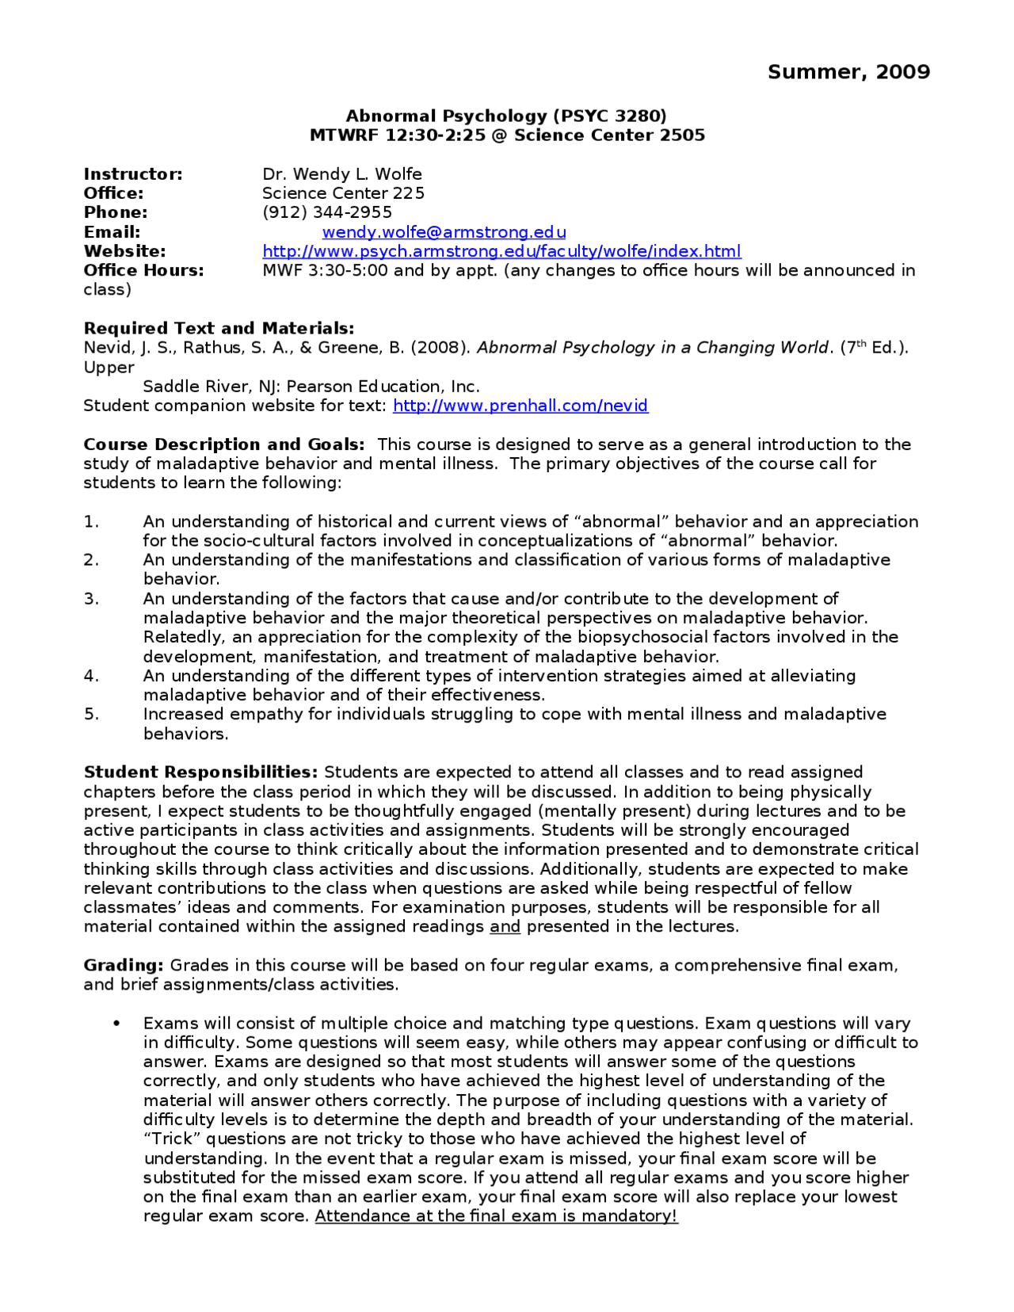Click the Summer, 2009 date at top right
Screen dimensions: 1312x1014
[848, 72]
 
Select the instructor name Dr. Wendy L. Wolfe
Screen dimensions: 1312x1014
[342, 174]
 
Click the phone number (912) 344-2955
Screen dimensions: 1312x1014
[327, 212]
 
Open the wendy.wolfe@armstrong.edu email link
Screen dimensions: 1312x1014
[444, 232]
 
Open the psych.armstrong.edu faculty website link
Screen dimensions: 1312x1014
[501, 251]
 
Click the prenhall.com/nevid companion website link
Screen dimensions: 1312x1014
[520, 406]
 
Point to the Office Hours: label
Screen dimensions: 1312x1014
[143, 270]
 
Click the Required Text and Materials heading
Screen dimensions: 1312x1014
[219, 328]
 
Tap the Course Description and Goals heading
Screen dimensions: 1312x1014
[224, 444]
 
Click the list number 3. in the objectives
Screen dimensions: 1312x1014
[91, 599]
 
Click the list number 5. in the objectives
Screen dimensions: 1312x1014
[91, 715]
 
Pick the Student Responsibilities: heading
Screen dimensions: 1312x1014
[200, 772]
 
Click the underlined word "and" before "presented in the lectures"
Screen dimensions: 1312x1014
[505, 927]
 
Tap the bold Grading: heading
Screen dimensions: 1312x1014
[124, 966]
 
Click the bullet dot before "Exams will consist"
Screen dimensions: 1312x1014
[117, 1024]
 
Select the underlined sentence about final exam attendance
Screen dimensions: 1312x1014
[496, 1216]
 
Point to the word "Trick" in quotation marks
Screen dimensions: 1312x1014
[172, 1139]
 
